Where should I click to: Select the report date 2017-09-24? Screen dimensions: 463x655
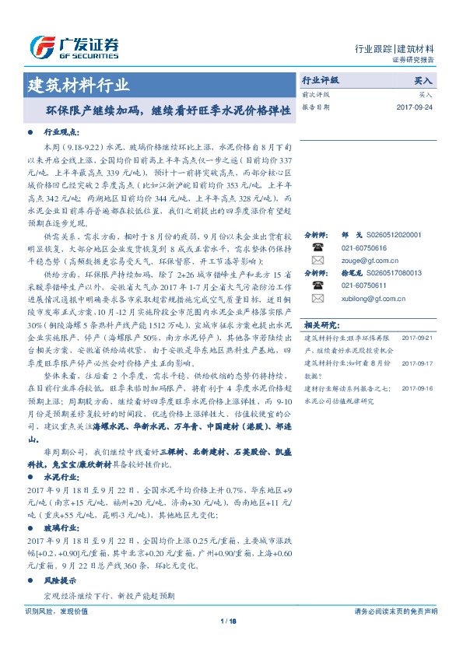(x=415, y=107)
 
